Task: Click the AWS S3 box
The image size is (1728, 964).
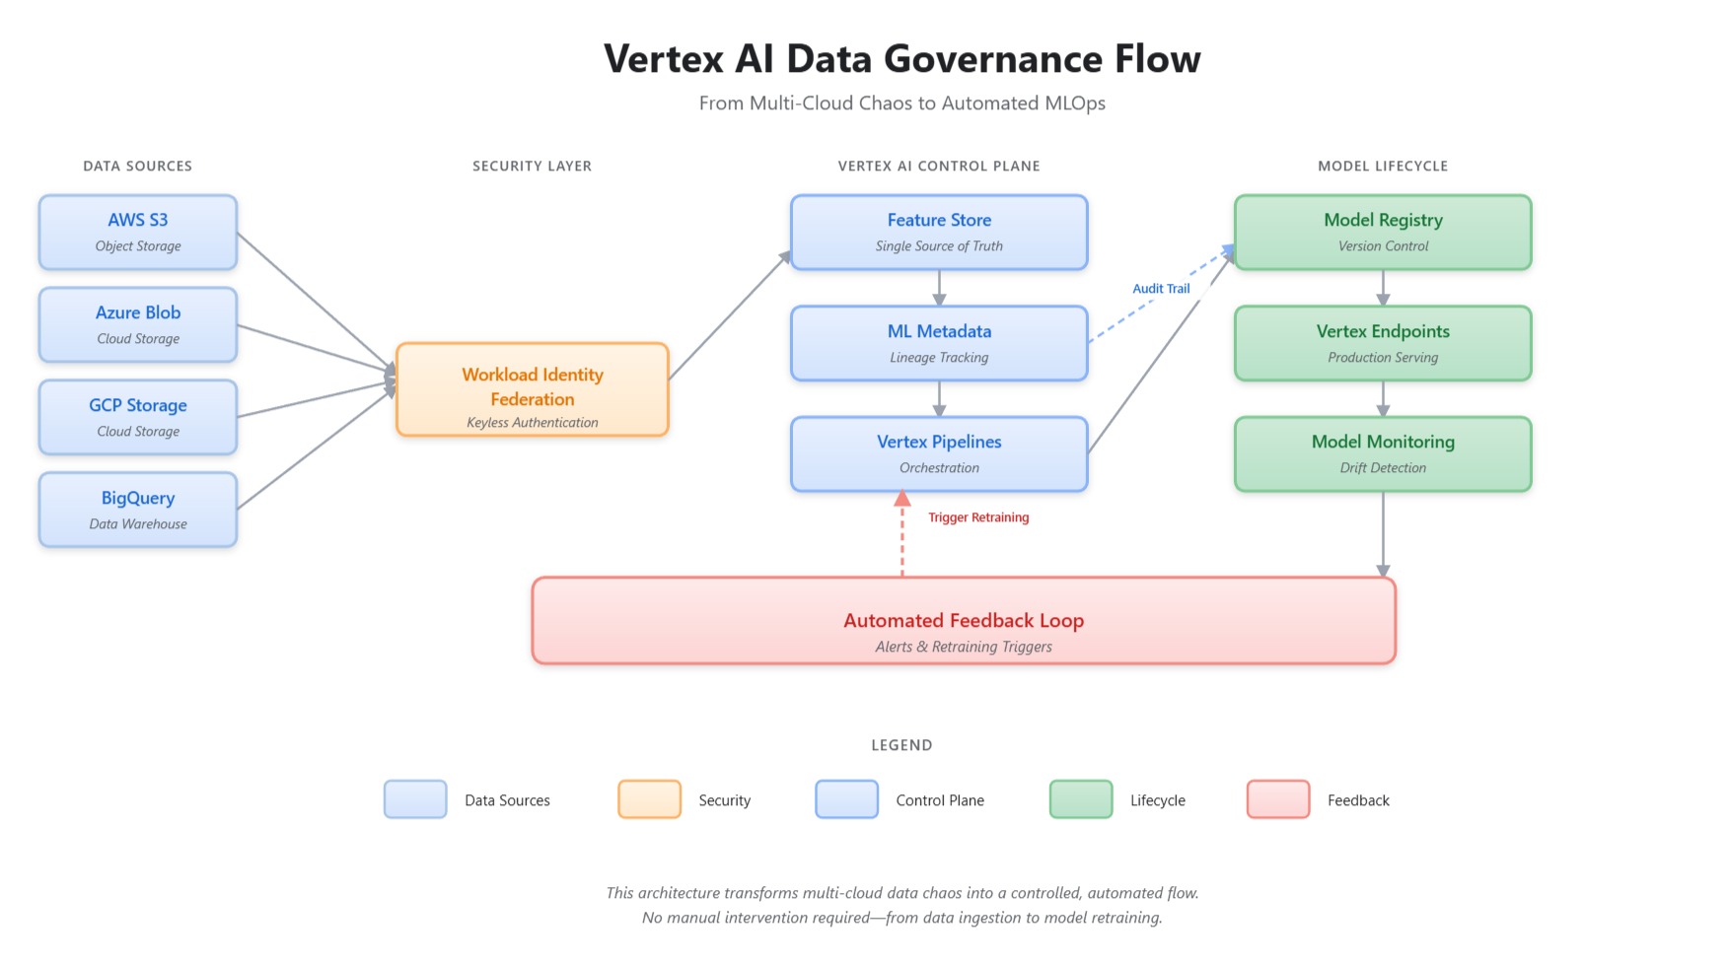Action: click(138, 233)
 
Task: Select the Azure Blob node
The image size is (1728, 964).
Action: click(138, 325)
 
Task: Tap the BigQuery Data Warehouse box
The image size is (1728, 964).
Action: click(138, 510)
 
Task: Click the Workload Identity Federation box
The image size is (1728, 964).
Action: click(533, 390)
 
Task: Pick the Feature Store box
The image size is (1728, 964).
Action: click(939, 233)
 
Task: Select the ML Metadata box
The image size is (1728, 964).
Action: click(939, 343)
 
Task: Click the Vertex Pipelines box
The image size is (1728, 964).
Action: click(939, 454)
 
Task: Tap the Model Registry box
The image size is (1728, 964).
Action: click(1383, 233)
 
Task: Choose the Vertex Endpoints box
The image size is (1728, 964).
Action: click(1383, 343)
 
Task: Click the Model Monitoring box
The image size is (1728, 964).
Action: click(1383, 454)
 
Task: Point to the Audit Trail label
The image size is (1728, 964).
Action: click(1161, 289)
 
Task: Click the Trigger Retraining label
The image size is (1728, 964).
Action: click(978, 517)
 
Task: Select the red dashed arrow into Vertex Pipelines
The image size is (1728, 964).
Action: click(902, 537)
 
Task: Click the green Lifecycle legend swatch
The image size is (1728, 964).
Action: click(1081, 799)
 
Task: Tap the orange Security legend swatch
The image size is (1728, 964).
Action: click(649, 799)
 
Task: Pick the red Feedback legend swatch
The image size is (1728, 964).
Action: click(1278, 799)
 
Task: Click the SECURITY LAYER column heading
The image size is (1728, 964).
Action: click(533, 166)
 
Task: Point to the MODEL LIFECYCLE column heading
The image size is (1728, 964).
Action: click(1383, 166)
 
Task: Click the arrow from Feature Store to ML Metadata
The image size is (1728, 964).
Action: click(939, 288)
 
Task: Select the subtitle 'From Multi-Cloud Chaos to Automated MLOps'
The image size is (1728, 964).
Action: click(902, 103)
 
